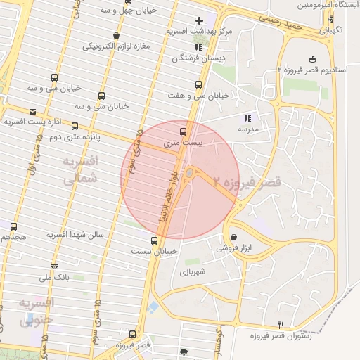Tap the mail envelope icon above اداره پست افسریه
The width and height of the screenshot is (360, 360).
click(x=32, y=112)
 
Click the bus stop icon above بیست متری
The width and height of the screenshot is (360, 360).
click(x=184, y=131)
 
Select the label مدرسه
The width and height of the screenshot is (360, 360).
click(x=247, y=129)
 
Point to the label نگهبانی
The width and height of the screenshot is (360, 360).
click(x=332, y=31)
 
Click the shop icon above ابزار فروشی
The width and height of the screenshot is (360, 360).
click(x=233, y=237)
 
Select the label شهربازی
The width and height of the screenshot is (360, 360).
click(x=191, y=271)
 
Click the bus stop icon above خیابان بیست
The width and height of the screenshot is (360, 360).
click(x=154, y=240)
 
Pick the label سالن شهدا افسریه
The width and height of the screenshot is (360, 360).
click(x=75, y=233)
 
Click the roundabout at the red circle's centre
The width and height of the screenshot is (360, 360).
click(x=190, y=174)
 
